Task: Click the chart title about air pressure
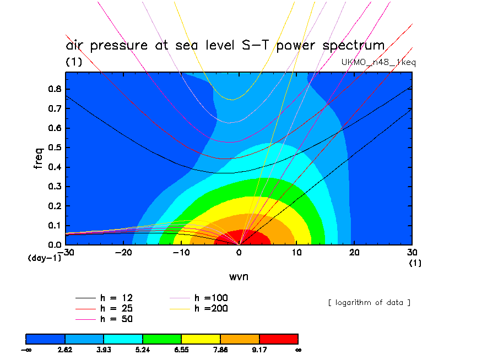(x=225, y=46)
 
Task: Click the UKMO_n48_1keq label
(x=379, y=62)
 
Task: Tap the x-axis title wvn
(x=239, y=276)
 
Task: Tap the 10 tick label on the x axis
(x=297, y=252)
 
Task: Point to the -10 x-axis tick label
(x=181, y=252)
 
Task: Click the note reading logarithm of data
(x=369, y=302)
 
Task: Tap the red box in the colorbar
(x=279, y=339)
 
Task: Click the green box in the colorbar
(x=162, y=339)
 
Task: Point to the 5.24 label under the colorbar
(x=143, y=350)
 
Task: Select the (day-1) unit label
(x=44, y=258)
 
